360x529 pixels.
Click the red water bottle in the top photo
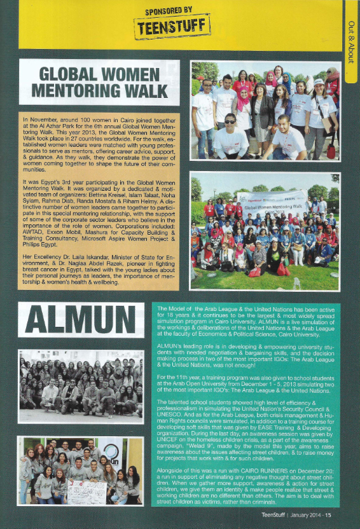[x=331, y=151]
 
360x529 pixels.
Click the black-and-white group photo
[x=81, y=387]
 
